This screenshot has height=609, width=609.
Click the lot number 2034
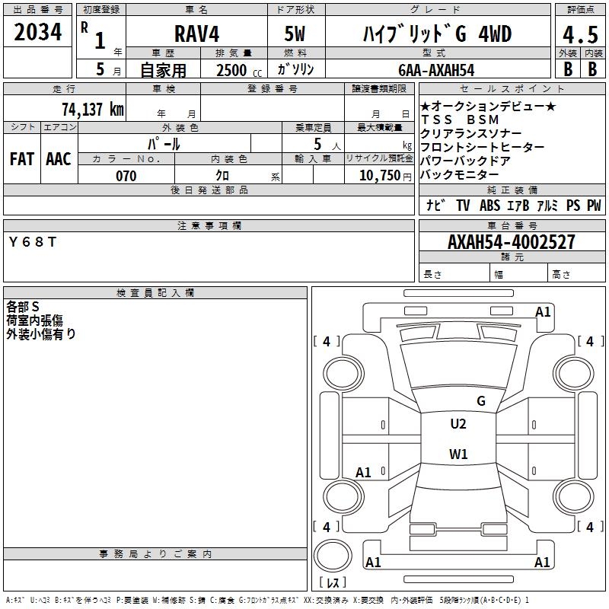point(37,32)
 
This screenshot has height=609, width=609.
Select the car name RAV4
point(196,33)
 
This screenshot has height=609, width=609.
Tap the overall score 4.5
point(580,34)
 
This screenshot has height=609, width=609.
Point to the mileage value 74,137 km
point(92,109)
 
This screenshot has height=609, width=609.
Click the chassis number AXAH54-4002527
point(512,241)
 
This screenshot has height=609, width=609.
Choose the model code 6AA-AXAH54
point(436,70)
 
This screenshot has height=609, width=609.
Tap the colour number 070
point(126,176)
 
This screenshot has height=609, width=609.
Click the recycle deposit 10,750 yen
point(385,176)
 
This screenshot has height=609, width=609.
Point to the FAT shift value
point(22,159)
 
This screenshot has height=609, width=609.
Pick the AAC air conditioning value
point(59,159)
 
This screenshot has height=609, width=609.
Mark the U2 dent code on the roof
point(458,424)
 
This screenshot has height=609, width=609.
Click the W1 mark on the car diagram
point(458,454)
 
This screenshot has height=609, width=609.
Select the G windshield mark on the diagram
point(481,401)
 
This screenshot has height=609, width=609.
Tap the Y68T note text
point(33,242)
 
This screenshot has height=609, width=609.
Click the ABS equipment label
point(489,205)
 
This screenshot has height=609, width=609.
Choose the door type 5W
point(295,33)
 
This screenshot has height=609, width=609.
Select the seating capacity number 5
point(317,144)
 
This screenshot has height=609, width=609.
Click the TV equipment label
point(463,205)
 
